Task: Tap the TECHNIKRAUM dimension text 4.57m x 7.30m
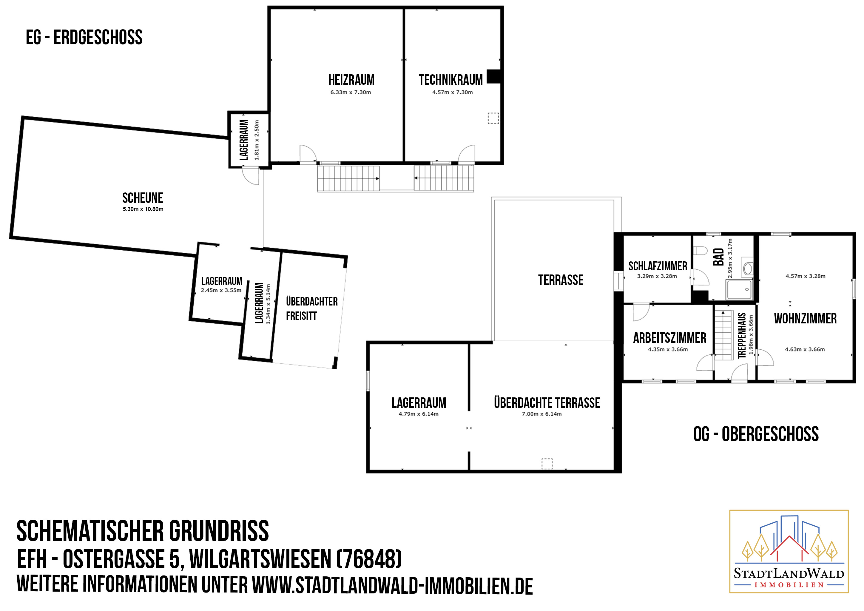(452, 92)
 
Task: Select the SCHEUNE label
(143, 198)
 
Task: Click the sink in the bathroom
(747, 268)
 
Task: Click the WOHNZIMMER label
(805, 319)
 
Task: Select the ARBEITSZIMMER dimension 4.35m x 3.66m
(668, 350)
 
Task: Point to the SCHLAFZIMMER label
(658, 266)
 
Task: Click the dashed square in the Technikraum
(493, 118)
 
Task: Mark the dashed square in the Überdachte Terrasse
(547, 464)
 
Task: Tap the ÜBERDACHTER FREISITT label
(311, 308)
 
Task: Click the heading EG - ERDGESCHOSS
(84, 37)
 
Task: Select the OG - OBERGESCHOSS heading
(756, 434)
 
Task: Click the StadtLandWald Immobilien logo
(789, 552)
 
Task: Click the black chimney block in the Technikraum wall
(494, 77)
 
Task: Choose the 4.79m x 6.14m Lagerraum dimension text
(419, 414)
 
